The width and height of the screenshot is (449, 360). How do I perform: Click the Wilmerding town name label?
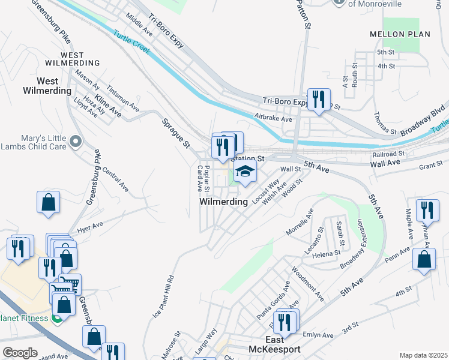point(224,202)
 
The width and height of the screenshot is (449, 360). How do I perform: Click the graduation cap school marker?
point(244,172)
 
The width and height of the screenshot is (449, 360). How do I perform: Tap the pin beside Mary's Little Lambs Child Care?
point(76,142)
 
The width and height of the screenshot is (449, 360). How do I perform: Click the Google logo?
point(20,353)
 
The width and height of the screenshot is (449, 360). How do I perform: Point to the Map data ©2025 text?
point(423,355)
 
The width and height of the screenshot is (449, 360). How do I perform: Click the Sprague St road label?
point(176,133)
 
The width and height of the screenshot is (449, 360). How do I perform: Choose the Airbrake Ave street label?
point(273,119)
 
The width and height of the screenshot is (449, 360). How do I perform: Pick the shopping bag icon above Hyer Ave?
point(49,203)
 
